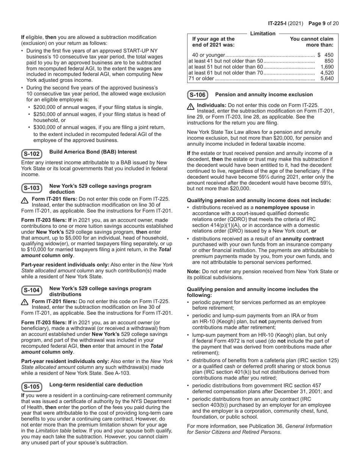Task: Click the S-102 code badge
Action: tap(31, 154)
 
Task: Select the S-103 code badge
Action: tap(31, 188)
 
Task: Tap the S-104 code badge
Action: tap(31, 290)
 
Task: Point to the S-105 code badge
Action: tap(31, 386)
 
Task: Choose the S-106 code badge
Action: tap(197, 95)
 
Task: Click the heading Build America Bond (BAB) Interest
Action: tap(93, 152)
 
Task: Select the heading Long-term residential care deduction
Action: tap(96, 385)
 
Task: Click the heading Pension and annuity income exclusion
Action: tap(264, 95)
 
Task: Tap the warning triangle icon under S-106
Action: tap(191, 106)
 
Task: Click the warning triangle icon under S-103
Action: tap(25, 200)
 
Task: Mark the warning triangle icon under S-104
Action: tap(25, 302)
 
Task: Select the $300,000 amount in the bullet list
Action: tap(47, 127)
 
